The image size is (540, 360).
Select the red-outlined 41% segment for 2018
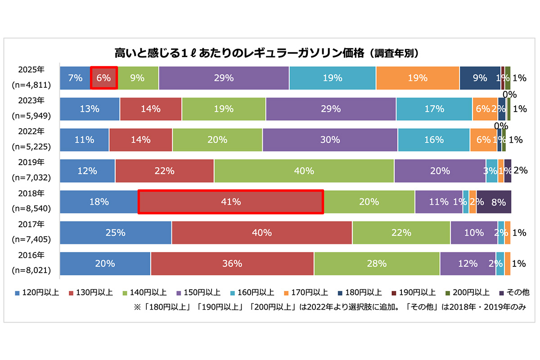[x=230, y=202]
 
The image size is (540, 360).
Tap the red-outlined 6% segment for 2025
[x=104, y=78]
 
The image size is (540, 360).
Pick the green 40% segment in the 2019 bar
[x=304, y=171]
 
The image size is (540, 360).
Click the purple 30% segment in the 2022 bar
[x=330, y=140]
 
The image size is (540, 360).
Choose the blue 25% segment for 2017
[x=116, y=233]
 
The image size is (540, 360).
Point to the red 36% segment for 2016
[x=232, y=264]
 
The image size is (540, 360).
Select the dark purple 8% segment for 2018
[x=494, y=202]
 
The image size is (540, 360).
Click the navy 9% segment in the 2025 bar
[x=480, y=78]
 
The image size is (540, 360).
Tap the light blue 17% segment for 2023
[x=434, y=109]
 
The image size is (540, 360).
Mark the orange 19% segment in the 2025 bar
[x=418, y=78]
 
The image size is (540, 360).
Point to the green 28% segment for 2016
[x=377, y=264]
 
